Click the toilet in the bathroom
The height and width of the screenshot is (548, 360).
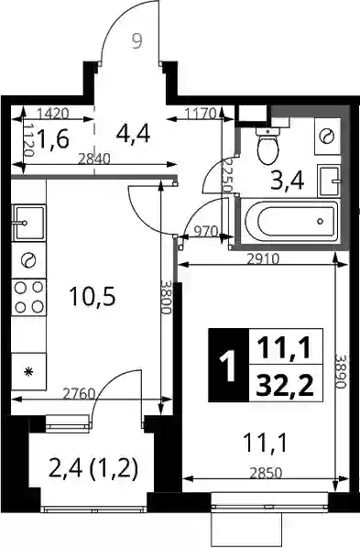pyautogui.click(x=267, y=146)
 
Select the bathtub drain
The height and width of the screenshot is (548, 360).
pyautogui.click(x=321, y=221)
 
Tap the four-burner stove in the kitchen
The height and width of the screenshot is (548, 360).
pyautogui.click(x=28, y=297)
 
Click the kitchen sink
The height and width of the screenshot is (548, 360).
pyautogui.click(x=28, y=223)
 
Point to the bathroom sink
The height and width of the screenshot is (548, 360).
pyautogui.click(x=329, y=181)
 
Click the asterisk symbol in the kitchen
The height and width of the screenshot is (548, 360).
pyautogui.click(x=28, y=372)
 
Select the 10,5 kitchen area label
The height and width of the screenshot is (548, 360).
pyautogui.click(x=93, y=296)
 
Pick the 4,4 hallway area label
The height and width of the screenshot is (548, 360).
pyautogui.click(x=134, y=134)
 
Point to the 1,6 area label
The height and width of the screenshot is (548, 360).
pyautogui.click(x=53, y=138)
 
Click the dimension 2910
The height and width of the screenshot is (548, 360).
pyautogui.click(x=263, y=259)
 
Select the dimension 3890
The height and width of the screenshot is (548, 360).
pyautogui.click(x=340, y=371)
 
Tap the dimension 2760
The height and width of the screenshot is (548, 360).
pyautogui.click(x=79, y=394)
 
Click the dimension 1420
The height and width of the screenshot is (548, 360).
pyautogui.click(x=53, y=114)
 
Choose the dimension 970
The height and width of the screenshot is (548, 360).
pyautogui.click(x=206, y=231)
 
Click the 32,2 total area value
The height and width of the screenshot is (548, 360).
pyautogui.click(x=285, y=385)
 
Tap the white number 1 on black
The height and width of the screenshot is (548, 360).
pyautogui.click(x=229, y=366)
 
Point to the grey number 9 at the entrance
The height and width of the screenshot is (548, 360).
pyautogui.click(x=137, y=42)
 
